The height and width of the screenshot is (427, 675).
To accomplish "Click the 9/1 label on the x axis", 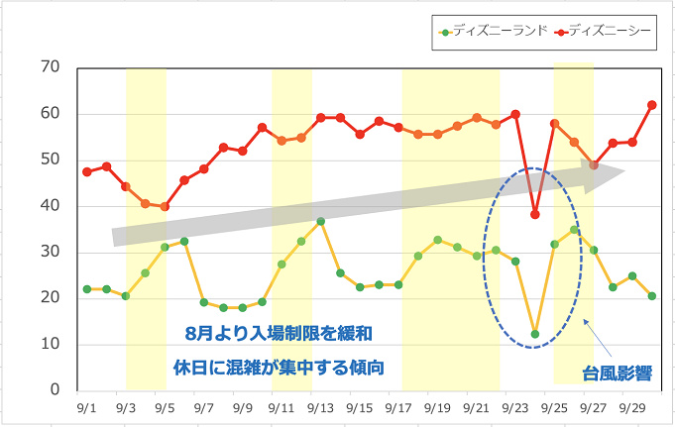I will (86, 406).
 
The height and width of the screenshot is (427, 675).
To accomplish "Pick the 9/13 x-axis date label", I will (321, 406).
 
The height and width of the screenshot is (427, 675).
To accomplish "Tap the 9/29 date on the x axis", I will (632, 406).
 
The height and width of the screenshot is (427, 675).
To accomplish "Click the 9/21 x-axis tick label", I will (477, 406).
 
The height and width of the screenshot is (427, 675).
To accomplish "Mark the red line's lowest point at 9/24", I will (535, 214).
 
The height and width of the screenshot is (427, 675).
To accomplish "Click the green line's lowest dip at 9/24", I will (535, 334).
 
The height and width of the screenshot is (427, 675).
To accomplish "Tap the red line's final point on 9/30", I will (652, 104).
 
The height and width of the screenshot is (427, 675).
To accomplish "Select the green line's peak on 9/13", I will (321, 221).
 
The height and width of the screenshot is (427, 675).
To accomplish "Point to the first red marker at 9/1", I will (87, 171).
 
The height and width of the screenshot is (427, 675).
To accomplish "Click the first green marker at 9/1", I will (87, 289).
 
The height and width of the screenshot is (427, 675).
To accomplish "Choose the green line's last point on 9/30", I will (652, 296).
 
